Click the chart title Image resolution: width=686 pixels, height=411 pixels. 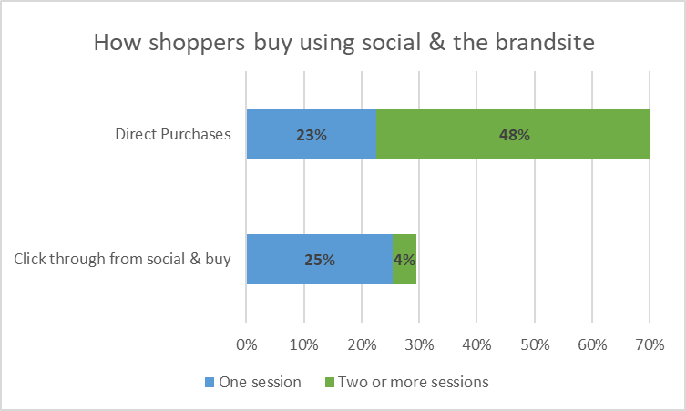click(343, 43)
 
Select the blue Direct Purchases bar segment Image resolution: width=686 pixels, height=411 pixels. click(312, 134)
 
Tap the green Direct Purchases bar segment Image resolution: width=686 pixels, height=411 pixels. click(514, 134)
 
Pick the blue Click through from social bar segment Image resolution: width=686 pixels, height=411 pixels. click(320, 259)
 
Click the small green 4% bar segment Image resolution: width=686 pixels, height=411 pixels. click(404, 259)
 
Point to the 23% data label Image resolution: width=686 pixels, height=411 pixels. click(312, 135)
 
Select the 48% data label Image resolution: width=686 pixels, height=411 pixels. click(515, 135)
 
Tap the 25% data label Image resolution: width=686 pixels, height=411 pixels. click(320, 260)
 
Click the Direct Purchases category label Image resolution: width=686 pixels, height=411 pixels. click(173, 134)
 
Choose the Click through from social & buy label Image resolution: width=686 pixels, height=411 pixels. click(122, 259)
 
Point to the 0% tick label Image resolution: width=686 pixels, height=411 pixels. click(246, 344)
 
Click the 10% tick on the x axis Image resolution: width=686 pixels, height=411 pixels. click(304, 344)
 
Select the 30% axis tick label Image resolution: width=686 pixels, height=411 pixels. click(419, 344)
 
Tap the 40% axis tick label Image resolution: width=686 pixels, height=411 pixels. click(476, 344)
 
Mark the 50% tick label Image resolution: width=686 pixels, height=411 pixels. click(535, 344)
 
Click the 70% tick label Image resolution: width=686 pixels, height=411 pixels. click(650, 344)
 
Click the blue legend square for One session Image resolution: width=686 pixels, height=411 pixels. click(210, 382)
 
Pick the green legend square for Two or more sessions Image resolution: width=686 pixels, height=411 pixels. click(330, 382)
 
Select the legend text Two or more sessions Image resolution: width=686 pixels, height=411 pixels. click(414, 382)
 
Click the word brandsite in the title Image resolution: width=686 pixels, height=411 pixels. click(545, 43)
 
